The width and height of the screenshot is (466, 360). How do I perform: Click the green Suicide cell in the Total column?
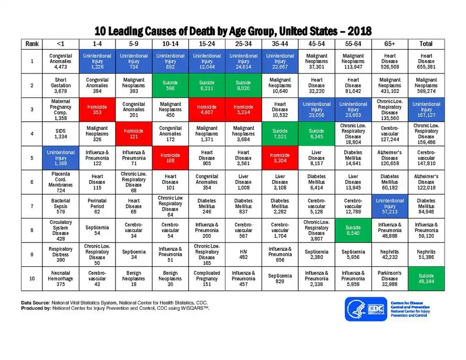coord(426,279)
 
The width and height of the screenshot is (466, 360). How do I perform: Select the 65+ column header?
coord(390,44)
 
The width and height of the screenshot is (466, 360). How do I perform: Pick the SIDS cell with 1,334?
coord(61,134)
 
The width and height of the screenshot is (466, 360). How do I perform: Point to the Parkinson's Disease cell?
coord(390,279)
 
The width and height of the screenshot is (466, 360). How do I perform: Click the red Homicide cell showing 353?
coord(97,110)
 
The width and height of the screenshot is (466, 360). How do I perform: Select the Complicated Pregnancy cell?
coord(207,279)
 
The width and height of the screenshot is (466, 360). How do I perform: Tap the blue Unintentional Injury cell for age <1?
coord(61,159)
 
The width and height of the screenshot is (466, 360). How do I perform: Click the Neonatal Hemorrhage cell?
coord(61,279)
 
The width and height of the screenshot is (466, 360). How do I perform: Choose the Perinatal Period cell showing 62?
coord(97,206)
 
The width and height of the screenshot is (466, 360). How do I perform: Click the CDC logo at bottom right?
coord(366,309)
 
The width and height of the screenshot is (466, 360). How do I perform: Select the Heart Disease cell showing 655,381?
coord(426,62)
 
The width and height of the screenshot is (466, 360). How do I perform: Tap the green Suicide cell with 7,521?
coord(280,134)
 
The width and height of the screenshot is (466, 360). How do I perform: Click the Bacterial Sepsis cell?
coord(61,206)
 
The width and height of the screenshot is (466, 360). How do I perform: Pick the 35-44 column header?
coord(280,44)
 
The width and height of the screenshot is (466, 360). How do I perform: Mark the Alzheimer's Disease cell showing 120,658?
coord(390,159)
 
